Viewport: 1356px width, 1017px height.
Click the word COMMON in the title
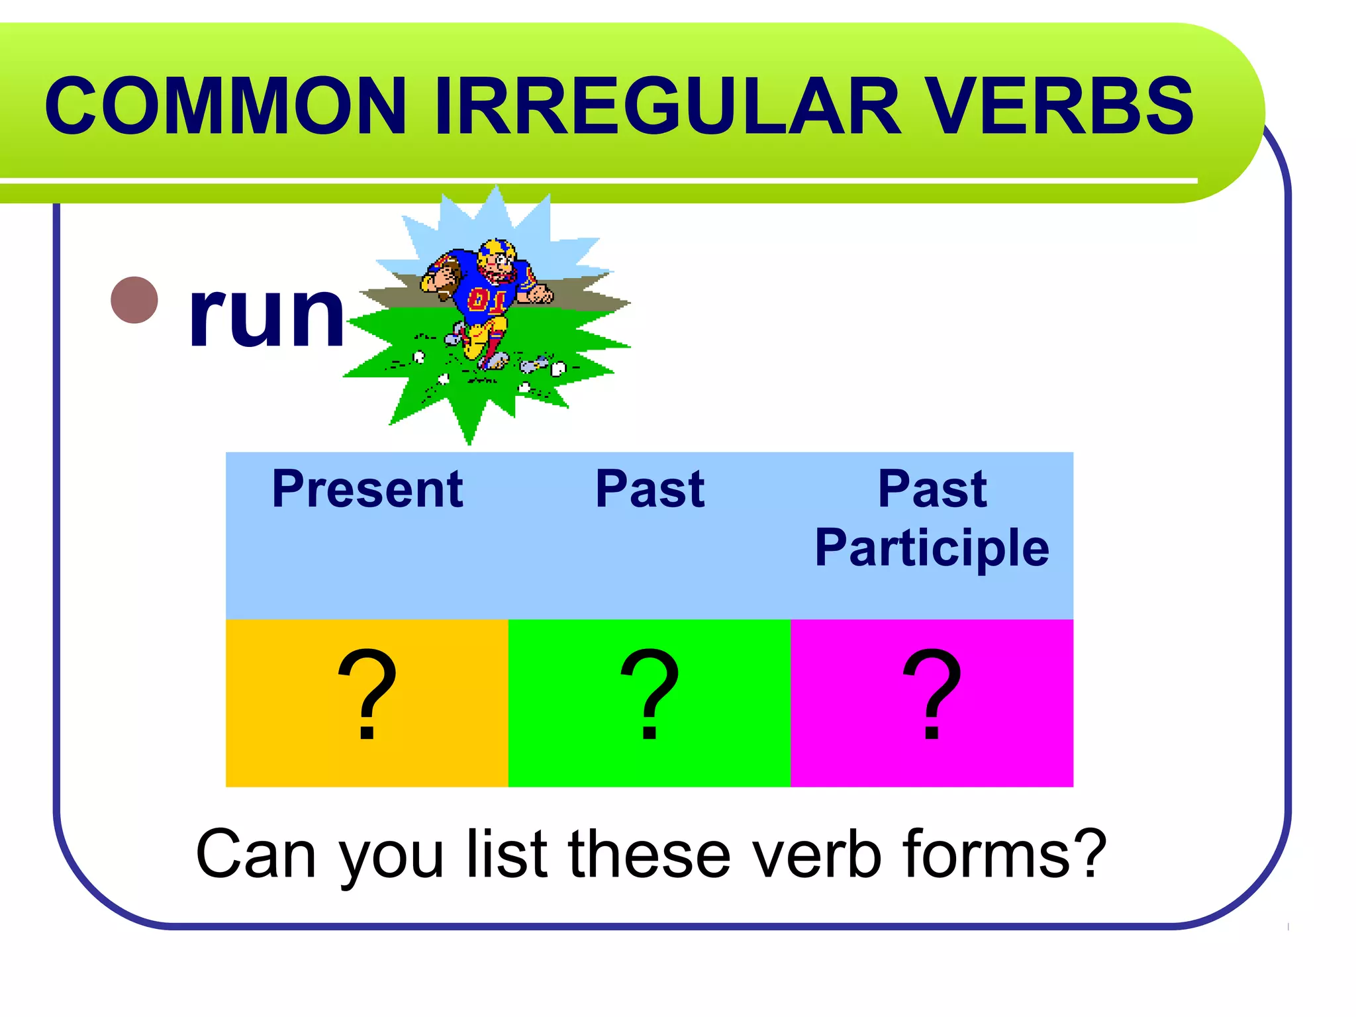click(x=225, y=106)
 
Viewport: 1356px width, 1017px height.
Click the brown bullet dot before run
click(x=134, y=300)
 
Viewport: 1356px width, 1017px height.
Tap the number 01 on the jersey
click(x=487, y=299)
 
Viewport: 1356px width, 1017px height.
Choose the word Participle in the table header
click(x=932, y=548)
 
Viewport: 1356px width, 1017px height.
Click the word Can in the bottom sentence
click(x=256, y=855)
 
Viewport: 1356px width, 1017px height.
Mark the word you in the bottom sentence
click(x=391, y=857)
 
